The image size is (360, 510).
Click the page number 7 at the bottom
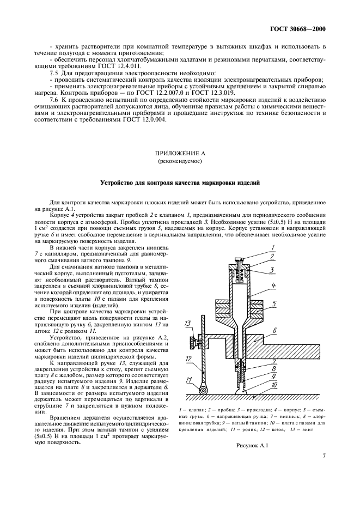click(x=324, y=470)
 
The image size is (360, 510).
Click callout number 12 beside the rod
click(x=188, y=360)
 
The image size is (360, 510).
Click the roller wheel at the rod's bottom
click(x=203, y=390)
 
